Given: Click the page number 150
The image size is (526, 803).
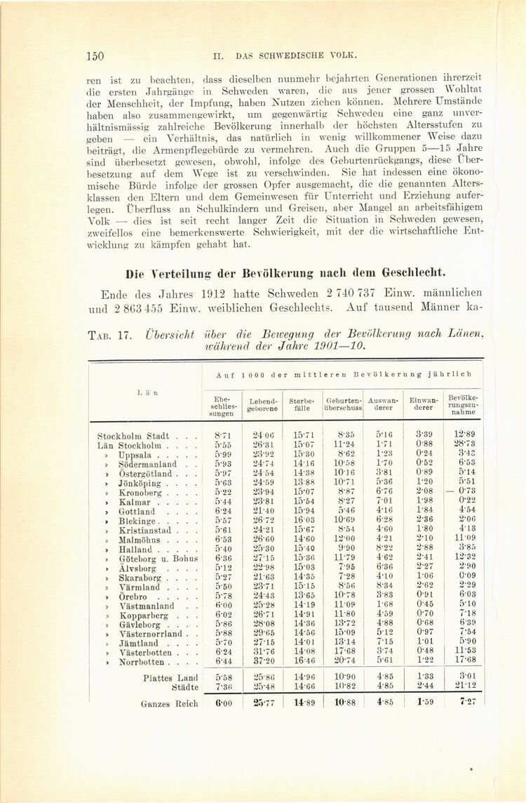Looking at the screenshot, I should (96, 55).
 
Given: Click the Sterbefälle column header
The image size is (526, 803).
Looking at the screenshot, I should (302, 404).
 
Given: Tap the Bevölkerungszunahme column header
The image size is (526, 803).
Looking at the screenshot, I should (464, 404).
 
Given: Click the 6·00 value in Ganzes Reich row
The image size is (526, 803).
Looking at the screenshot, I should (222, 702).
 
